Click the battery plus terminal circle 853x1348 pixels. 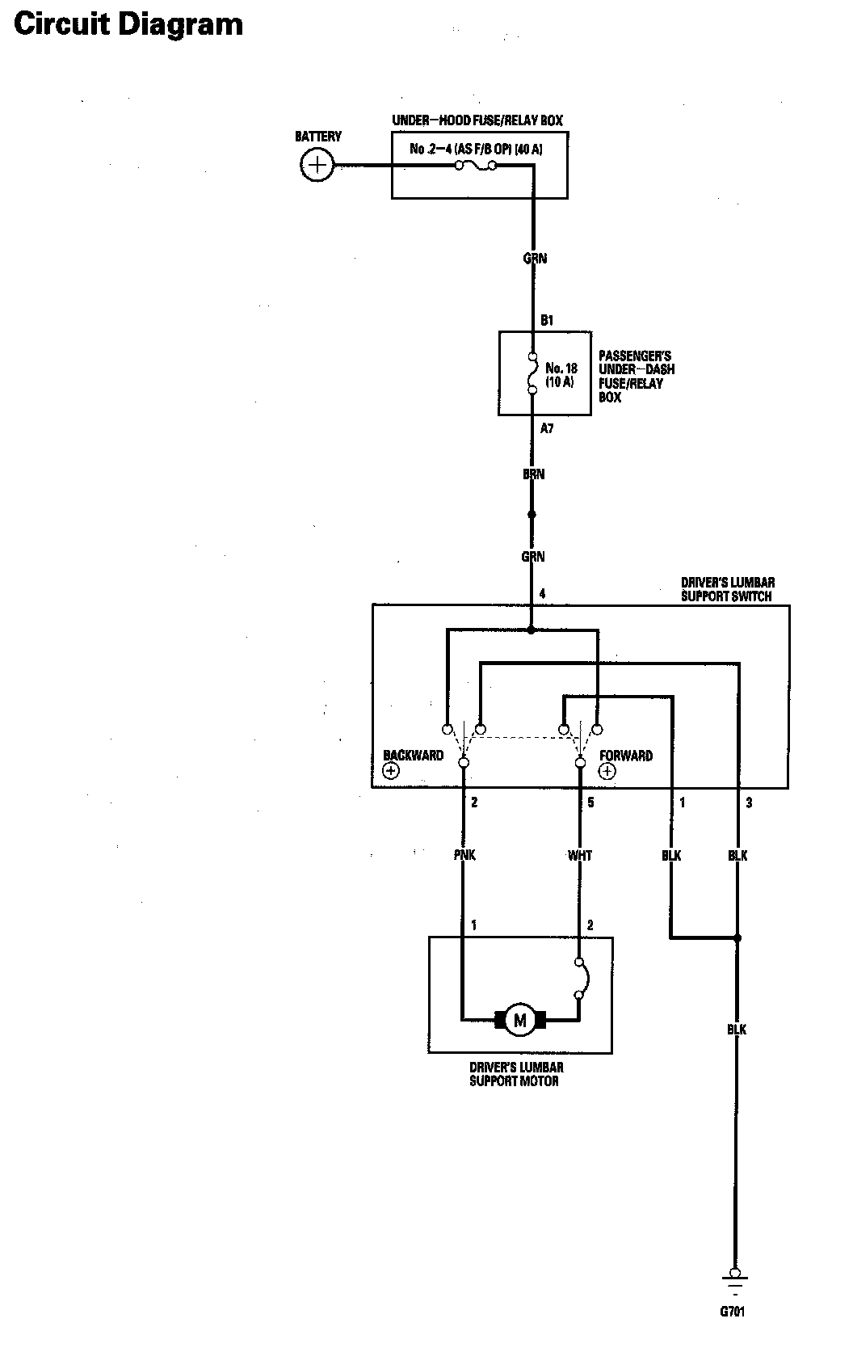[x=318, y=166]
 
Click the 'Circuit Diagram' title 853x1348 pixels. [x=128, y=24]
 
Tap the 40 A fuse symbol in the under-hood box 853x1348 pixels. [x=475, y=166]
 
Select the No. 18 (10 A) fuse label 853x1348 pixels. [x=561, y=375]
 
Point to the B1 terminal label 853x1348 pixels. [x=547, y=321]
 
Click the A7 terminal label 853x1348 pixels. [x=547, y=429]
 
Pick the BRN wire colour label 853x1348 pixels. [x=533, y=474]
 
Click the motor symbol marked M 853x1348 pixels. [x=519, y=1020]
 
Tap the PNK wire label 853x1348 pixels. [x=464, y=855]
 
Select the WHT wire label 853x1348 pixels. [x=580, y=855]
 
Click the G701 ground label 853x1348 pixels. [x=733, y=1311]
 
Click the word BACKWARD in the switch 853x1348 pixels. [x=413, y=756]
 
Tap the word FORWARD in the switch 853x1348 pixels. [x=626, y=756]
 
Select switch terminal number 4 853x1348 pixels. [x=543, y=594]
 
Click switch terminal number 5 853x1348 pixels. [x=590, y=802]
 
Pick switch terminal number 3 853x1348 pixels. [x=749, y=802]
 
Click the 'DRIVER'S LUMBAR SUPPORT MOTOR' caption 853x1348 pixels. [x=515, y=1074]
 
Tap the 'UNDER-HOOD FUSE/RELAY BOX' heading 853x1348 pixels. [x=477, y=120]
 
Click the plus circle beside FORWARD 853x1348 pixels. [x=607, y=771]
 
